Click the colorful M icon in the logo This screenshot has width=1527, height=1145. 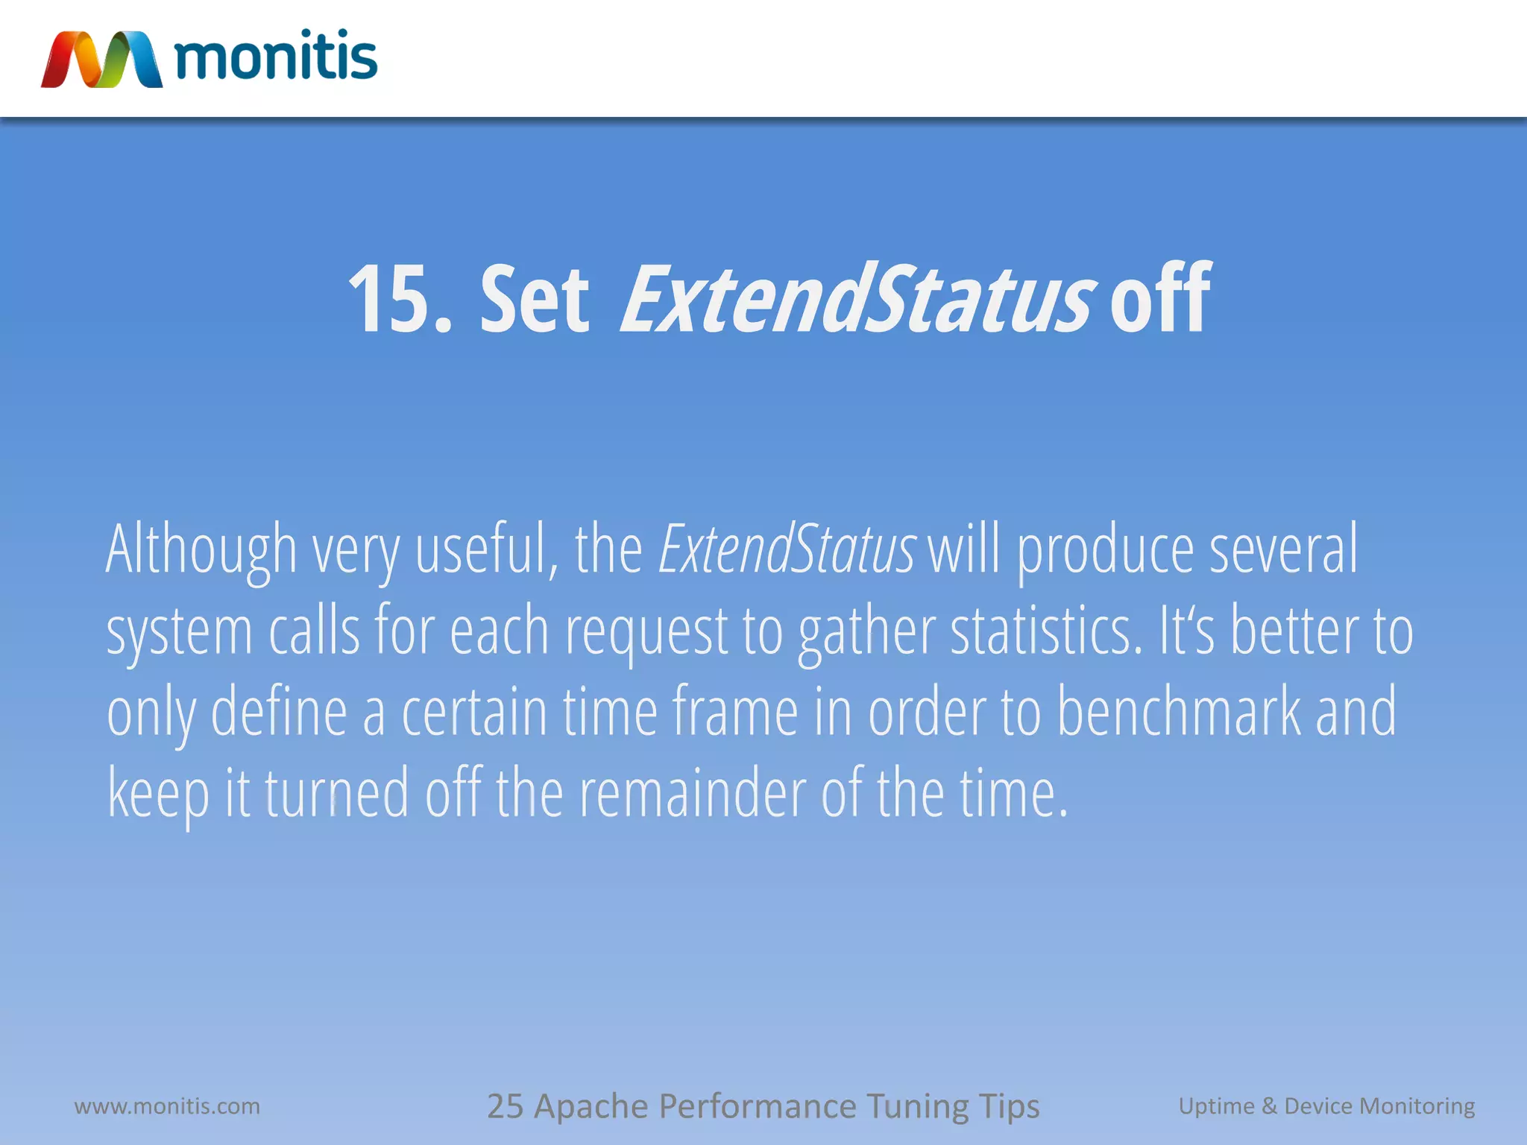(101, 60)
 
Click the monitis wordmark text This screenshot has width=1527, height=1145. (276, 56)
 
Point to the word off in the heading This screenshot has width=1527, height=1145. (1160, 298)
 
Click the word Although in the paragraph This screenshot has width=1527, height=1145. (201, 550)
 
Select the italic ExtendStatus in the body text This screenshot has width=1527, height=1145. (786, 550)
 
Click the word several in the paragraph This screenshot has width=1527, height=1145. (1284, 550)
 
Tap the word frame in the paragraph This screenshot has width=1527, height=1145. (735, 712)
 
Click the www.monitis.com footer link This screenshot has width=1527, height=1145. (167, 1106)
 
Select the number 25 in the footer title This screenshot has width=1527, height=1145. (505, 1106)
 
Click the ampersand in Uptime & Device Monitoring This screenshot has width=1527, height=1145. (1269, 1106)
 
